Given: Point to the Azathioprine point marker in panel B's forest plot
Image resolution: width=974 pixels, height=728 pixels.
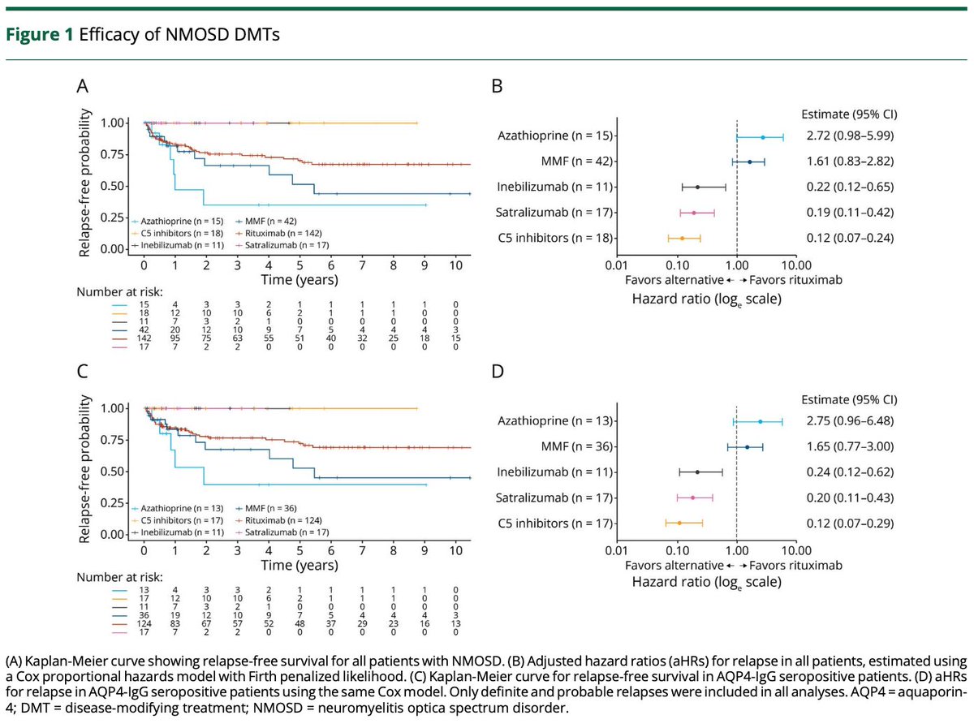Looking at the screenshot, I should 763,137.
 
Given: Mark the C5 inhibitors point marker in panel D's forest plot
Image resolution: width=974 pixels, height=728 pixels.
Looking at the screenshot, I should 679,523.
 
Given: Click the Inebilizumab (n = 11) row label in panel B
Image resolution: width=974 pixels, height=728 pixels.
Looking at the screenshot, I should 554,187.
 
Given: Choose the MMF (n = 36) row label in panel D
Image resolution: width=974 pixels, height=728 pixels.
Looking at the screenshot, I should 577,446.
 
